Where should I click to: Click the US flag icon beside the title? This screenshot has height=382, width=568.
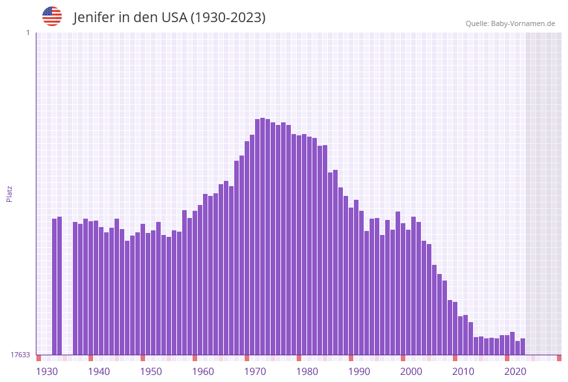[x=52, y=16]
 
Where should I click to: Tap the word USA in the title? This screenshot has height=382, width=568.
[x=172, y=18]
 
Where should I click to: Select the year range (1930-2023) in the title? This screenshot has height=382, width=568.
[x=228, y=18]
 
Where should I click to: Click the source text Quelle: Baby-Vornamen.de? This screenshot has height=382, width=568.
[x=510, y=23]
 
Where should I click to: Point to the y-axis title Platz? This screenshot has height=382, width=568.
[x=9, y=193]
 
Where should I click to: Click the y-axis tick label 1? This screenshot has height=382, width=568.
[x=27, y=33]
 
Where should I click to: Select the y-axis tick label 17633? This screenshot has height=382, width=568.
[x=20, y=355]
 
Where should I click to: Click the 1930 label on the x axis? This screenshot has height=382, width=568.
[x=47, y=372]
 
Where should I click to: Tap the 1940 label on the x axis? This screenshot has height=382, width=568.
[x=99, y=372]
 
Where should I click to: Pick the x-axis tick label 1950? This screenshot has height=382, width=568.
[x=151, y=372]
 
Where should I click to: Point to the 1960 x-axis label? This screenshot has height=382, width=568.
[x=203, y=372]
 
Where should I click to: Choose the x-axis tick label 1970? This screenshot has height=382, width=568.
[x=255, y=372]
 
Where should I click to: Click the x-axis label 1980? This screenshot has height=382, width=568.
[x=307, y=372]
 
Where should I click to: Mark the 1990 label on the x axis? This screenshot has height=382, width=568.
[x=359, y=372]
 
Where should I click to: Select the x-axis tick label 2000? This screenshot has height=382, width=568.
[x=411, y=372]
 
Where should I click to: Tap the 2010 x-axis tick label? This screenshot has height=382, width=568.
[x=463, y=372]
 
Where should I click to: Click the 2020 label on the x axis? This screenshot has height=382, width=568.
[x=515, y=372]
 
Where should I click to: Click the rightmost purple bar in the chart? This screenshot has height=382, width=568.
[x=522, y=347]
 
